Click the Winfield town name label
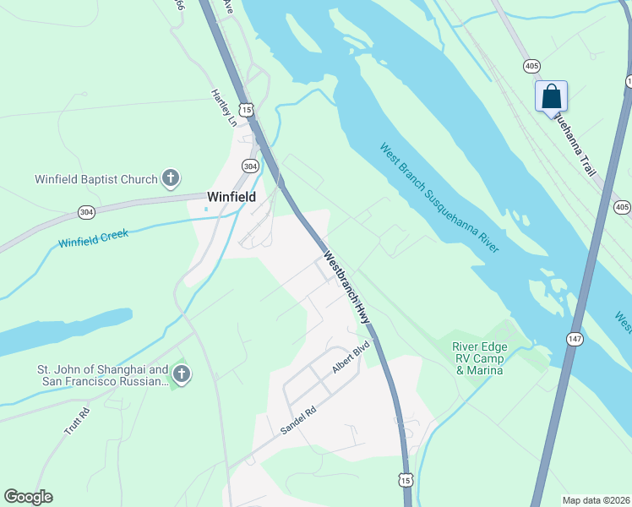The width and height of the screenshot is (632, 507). [232, 196]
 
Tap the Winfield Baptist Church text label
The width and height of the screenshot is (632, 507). [95, 179]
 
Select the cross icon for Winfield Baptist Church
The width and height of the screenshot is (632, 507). [171, 178]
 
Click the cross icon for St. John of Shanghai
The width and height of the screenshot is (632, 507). [180, 374]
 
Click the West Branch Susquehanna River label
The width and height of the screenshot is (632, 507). [439, 197]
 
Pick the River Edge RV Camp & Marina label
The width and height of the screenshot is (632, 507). [478, 358]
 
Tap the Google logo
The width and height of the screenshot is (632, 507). [28, 497]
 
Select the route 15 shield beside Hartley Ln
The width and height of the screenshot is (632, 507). [245, 109]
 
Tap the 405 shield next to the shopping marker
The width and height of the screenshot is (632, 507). [531, 65]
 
